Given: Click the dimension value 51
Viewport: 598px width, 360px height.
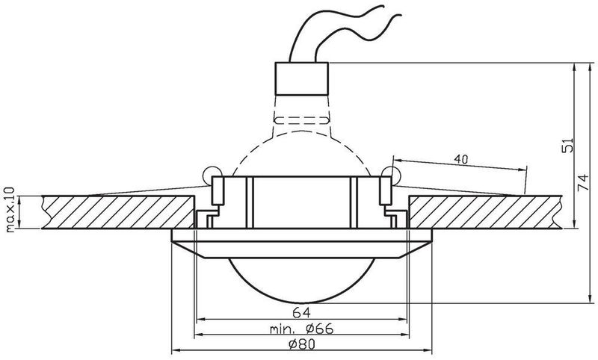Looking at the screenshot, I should click(567, 145).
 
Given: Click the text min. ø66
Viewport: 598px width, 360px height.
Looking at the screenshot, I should click(301, 329).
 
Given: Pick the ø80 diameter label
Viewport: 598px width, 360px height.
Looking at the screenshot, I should click(302, 345).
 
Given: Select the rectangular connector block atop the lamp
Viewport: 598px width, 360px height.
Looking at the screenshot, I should click(302, 78).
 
